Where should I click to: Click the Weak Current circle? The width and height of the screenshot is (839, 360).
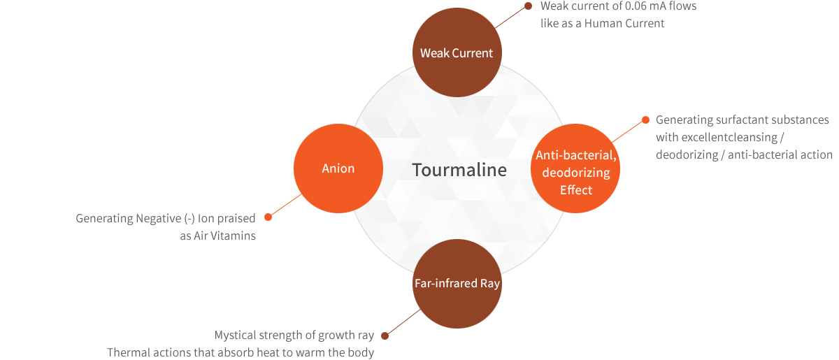[457, 53]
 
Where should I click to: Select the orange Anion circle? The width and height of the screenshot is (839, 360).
[338, 168]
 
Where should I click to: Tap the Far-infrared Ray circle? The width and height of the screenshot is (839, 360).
[457, 284]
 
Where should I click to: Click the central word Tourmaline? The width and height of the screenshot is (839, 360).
[459, 170]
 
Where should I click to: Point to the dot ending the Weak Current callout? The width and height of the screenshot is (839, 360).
[529, 6]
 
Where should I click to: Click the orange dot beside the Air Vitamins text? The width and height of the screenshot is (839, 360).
[268, 217]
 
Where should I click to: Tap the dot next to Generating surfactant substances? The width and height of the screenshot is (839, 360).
[646, 120]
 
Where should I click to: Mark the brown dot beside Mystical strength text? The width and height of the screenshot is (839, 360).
[385, 336]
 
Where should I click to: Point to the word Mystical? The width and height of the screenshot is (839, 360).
[236, 336]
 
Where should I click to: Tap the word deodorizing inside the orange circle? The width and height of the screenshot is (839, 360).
[575, 173]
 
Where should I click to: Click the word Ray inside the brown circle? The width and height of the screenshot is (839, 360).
[490, 284]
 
